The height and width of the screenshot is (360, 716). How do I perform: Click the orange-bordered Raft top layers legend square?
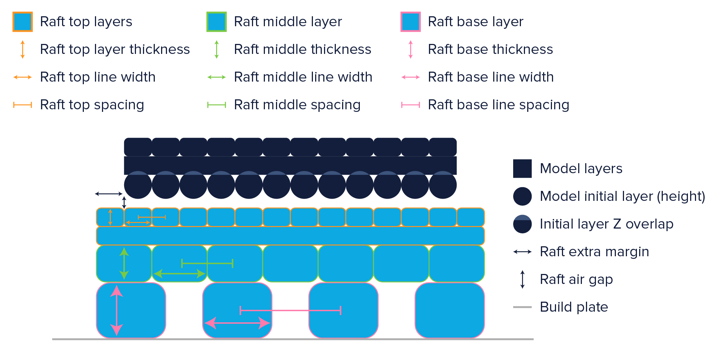[23, 22]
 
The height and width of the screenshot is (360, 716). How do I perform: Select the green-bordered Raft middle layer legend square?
[216, 22]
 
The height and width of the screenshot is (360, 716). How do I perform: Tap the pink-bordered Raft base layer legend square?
[410, 22]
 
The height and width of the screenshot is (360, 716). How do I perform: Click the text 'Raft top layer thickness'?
[115, 49]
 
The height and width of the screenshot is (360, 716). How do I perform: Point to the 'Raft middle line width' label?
[303, 77]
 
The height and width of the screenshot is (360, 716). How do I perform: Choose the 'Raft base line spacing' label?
[498, 105]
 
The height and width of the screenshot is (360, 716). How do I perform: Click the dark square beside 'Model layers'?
[522, 169]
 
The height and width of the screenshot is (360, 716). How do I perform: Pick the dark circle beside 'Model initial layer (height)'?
[522, 196]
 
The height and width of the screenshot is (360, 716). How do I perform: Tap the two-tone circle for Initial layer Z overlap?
[522, 224]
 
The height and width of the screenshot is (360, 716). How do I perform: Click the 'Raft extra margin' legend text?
[594, 252]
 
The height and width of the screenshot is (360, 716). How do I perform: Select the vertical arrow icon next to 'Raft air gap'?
[522, 280]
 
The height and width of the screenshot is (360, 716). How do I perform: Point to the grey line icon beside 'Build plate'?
[522, 307]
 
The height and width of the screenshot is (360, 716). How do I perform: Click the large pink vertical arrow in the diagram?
[117, 310]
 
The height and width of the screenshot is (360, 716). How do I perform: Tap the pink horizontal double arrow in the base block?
[237, 323]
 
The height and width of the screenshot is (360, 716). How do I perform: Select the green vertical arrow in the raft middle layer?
[124, 263]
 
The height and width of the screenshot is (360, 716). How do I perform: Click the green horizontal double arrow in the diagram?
[179, 274]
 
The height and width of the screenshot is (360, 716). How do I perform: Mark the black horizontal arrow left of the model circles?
[109, 193]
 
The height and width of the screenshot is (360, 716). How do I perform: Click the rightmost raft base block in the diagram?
[450, 310]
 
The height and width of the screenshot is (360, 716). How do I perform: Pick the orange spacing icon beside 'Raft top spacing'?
[23, 105]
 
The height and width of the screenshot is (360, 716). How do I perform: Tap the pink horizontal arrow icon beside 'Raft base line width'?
[410, 77]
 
